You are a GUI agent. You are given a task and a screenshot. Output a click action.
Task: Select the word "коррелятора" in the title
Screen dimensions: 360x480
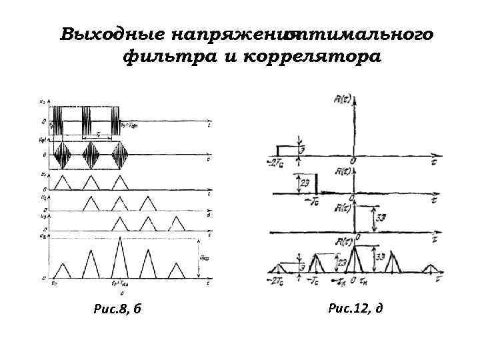click(313, 57)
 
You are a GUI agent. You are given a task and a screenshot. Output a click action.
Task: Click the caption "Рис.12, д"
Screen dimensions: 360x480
click(355, 307)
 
